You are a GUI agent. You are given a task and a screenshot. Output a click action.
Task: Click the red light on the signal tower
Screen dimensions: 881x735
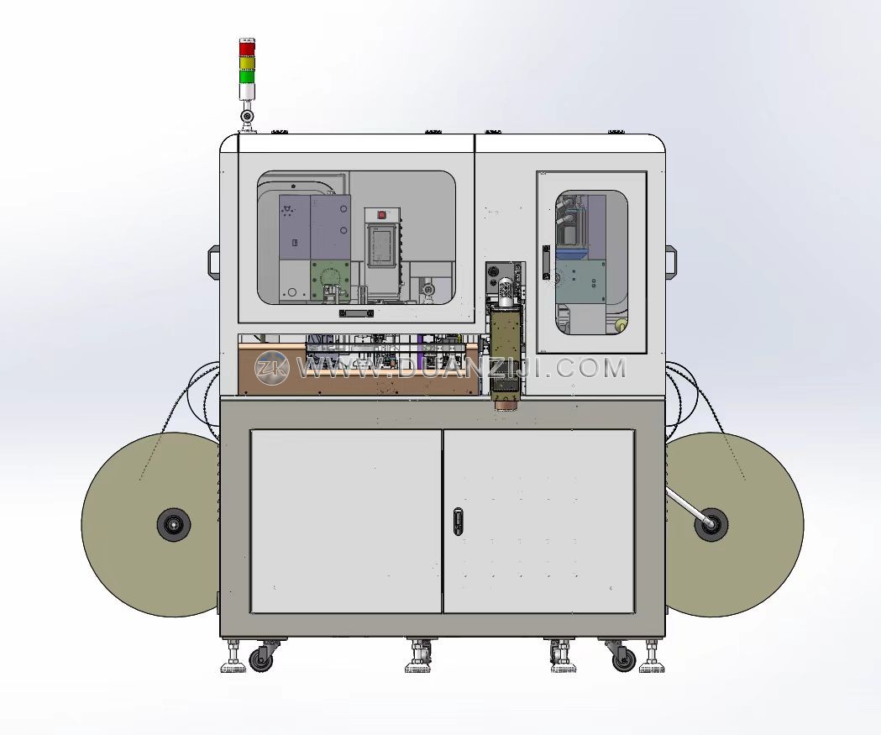tap(247, 49)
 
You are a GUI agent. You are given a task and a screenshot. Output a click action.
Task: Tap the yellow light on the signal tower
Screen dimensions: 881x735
tap(247, 62)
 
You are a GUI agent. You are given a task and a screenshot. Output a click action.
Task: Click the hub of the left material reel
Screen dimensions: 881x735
tap(174, 525)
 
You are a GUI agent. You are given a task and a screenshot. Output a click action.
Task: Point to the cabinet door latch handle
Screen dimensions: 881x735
tap(459, 522)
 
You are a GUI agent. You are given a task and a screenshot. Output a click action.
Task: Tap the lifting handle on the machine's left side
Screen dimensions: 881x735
tap(213, 260)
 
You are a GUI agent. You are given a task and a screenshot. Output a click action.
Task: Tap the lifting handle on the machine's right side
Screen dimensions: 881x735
tap(671, 261)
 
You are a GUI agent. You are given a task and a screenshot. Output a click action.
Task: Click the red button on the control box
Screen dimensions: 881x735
tap(382, 214)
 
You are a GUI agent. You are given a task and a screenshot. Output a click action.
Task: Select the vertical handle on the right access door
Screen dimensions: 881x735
tap(546, 262)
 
